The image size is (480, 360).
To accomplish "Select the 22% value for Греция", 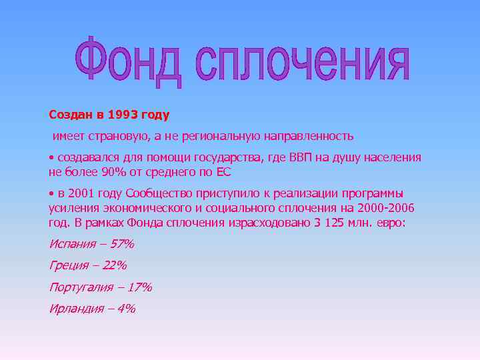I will (x=115, y=265).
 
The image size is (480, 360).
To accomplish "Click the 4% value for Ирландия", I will (x=126, y=308).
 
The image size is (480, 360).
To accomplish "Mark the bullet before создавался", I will (x=51, y=158).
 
